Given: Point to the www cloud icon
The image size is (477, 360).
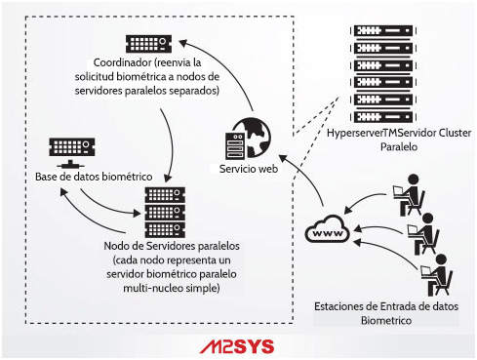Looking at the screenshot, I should pyautogui.click(x=327, y=233).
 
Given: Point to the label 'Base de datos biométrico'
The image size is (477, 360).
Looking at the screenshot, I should pyautogui.click(x=93, y=176).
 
